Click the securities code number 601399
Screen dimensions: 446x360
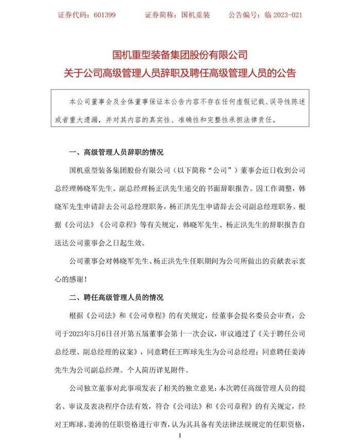click(x=105, y=15)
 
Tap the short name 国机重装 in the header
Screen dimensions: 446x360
click(x=196, y=15)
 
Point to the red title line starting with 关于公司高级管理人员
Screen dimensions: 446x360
click(x=180, y=72)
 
